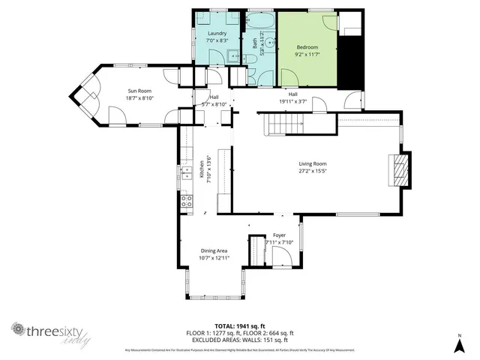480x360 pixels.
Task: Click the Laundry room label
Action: point(217,34)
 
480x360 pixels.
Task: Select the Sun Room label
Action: point(139,89)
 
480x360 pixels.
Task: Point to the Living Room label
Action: point(313,163)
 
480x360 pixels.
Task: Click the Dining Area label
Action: point(214,250)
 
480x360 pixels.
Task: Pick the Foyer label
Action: point(279,235)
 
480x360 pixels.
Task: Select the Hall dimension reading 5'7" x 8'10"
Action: point(214,104)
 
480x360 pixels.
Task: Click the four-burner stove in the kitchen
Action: point(187,200)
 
